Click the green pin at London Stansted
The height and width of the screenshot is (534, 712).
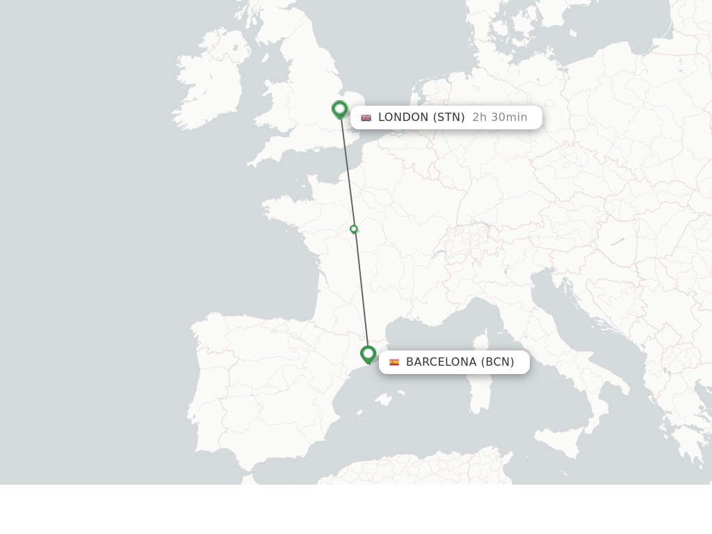pyautogui.click(x=339, y=109)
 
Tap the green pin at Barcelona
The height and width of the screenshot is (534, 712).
pyautogui.click(x=368, y=355)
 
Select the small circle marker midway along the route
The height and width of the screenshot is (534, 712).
pyautogui.click(x=354, y=229)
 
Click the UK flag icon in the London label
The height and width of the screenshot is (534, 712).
pyautogui.click(x=366, y=118)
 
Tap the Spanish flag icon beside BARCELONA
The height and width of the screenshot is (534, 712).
pyautogui.click(x=394, y=362)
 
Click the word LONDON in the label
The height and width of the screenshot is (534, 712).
pyautogui.click(x=403, y=118)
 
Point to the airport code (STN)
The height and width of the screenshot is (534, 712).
pyautogui.click(x=448, y=118)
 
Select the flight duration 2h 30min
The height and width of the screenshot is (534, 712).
pyautogui.click(x=499, y=118)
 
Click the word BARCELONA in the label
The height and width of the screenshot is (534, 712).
pyautogui.click(x=441, y=362)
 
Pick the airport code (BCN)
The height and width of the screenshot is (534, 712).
pyautogui.click(x=497, y=362)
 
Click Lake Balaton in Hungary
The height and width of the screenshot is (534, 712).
pyautogui.click(x=617, y=241)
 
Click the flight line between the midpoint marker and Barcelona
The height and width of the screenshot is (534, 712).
pyautogui.click(x=362, y=292)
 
